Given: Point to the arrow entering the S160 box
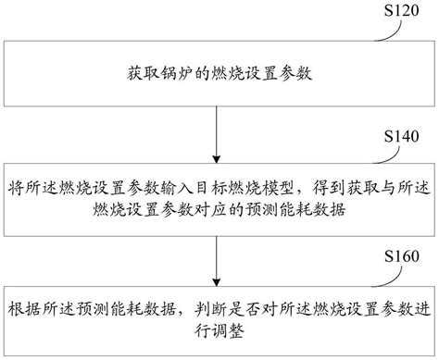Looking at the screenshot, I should pyautogui.click(x=216, y=254).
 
